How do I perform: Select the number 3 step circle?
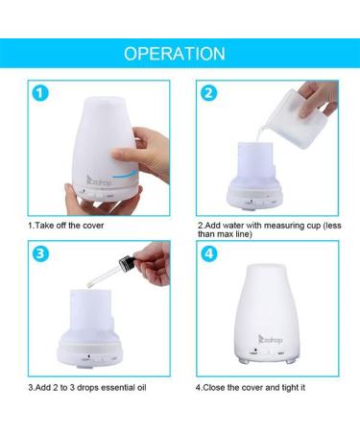click(38, 255)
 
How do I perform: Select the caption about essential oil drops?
click(91, 388)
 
